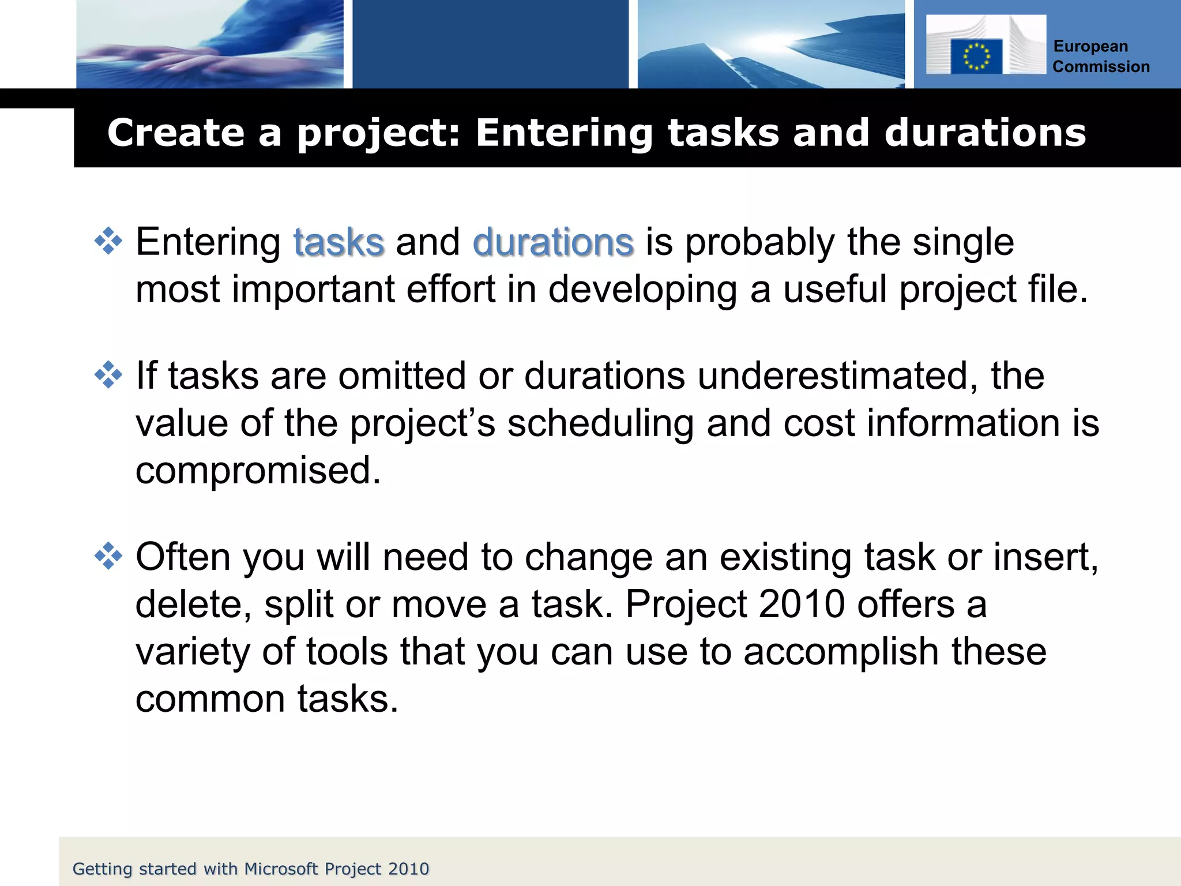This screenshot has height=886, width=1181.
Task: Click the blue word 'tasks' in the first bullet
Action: click(338, 242)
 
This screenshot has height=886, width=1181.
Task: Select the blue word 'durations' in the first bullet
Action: click(552, 242)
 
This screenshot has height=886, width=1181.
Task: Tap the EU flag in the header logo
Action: click(976, 57)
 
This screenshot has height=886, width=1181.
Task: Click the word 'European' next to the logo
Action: click(1090, 46)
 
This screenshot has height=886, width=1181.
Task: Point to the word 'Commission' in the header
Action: click(1100, 67)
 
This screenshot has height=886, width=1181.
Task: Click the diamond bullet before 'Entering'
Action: click(108, 241)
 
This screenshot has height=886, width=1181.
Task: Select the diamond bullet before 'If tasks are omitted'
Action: click(108, 376)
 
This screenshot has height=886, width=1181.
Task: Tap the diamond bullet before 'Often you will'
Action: click(108, 557)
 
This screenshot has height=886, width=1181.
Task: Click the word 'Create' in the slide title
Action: click(176, 133)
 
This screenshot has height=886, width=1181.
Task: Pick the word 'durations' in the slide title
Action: click(984, 133)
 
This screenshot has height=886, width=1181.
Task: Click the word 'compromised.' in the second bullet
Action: click(258, 470)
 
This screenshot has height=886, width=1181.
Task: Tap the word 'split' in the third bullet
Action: click(298, 605)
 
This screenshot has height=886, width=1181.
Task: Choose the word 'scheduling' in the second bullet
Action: click(600, 423)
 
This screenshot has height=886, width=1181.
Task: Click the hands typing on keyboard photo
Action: click(210, 44)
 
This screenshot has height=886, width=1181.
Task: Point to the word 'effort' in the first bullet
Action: click(450, 290)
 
